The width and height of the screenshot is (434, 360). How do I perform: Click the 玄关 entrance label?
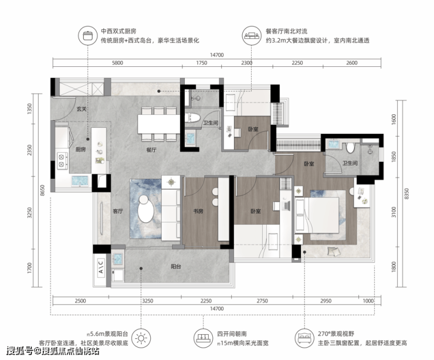tap(82, 109)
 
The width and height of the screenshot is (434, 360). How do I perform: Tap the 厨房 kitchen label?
tap(80, 150)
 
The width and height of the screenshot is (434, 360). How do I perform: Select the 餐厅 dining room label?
tap(151, 150)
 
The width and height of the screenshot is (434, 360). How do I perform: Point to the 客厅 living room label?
tap(118, 211)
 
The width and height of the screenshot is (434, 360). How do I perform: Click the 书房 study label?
tap(198, 211)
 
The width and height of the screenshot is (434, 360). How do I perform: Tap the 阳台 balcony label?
tap(176, 266)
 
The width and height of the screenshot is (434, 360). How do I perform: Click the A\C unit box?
tap(101, 267)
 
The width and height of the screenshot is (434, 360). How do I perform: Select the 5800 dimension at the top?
tap(117, 63)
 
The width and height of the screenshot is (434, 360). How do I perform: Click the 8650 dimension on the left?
tap(42, 191)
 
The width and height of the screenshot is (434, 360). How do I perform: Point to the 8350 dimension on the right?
tap(406, 193)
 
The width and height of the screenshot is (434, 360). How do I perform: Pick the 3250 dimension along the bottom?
tap(148, 301)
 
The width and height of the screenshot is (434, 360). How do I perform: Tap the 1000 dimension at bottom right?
tap(368, 301)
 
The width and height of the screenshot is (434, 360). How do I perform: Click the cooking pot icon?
tap(88, 35)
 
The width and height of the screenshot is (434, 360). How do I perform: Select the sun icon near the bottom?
tap(141, 338)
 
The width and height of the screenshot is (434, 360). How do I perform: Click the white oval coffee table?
tap(146, 209)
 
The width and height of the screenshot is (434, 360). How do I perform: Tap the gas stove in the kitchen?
tap(62, 161)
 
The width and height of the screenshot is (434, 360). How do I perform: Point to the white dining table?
tap(159, 124)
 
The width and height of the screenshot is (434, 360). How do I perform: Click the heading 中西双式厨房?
tap(118, 31)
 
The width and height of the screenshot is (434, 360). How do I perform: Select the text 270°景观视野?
tap(335, 334)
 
